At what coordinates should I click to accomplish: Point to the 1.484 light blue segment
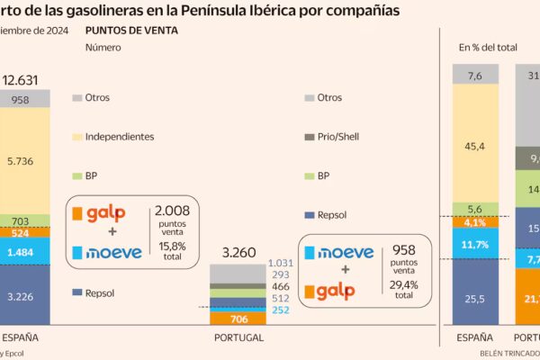tap(22, 255)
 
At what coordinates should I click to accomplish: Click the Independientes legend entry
tap(119, 137)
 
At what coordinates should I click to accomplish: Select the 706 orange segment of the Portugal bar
tap(238, 318)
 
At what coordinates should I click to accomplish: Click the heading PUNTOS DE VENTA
tap(131, 29)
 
